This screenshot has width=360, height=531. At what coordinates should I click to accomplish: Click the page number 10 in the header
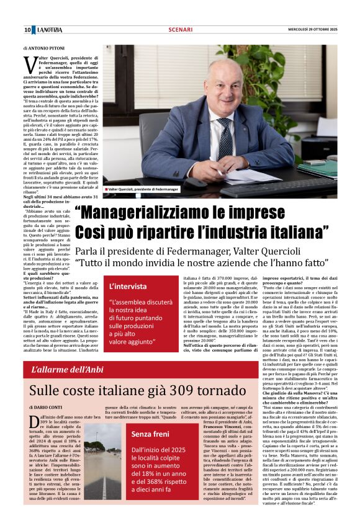click(x=27, y=30)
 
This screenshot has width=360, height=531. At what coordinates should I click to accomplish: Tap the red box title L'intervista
click(x=128, y=287)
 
